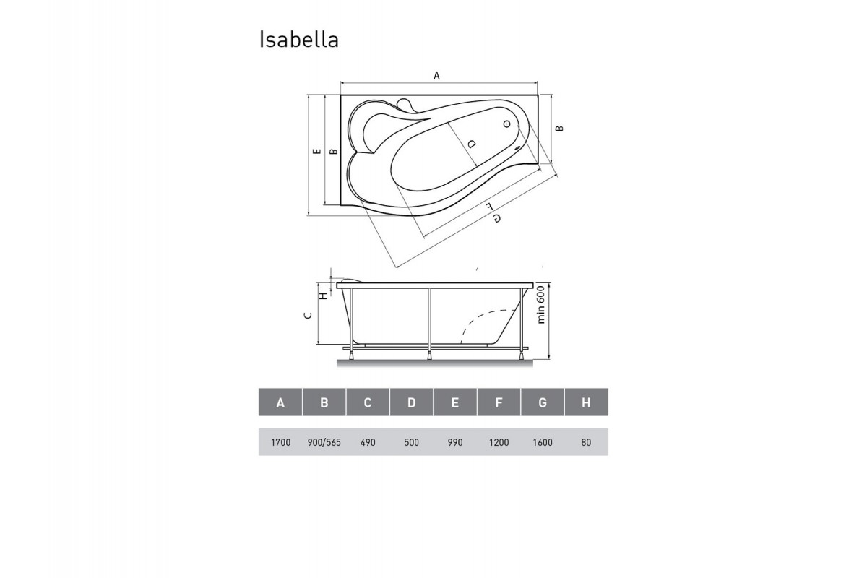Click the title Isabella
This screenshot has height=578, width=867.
click(x=298, y=40)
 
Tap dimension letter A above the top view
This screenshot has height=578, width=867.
click(x=436, y=74)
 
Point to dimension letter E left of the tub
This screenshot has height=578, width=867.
click(x=316, y=152)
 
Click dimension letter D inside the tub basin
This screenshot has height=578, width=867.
click(x=472, y=144)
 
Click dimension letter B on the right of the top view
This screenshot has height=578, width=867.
click(x=560, y=129)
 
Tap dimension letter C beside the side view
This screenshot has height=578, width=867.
click(x=307, y=315)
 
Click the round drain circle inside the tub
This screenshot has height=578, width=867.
click(x=506, y=125)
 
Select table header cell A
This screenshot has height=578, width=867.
click(x=280, y=403)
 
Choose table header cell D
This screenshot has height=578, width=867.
click(x=411, y=403)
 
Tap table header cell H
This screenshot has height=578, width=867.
click(x=586, y=403)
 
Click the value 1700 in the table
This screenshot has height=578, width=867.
click(x=280, y=442)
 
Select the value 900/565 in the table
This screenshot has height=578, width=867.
click(x=324, y=442)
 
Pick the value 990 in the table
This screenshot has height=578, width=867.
click(x=454, y=442)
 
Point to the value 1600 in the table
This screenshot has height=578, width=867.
click(x=542, y=442)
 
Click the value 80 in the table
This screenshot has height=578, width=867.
click(x=586, y=442)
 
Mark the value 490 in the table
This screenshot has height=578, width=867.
click(x=367, y=442)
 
